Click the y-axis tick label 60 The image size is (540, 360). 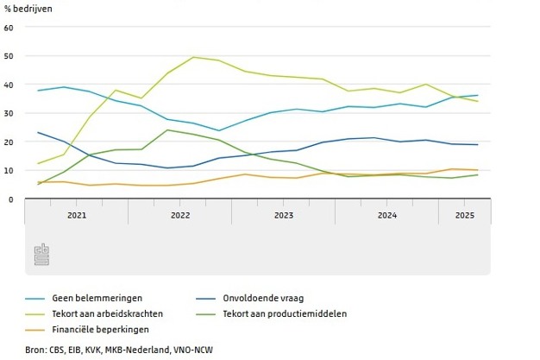[9, 28]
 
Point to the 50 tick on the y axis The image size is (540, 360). [9, 56]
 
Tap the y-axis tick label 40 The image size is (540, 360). [9, 85]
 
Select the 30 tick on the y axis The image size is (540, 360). [9, 113]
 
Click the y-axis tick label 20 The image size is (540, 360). [9, 142]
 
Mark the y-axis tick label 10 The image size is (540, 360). [9, 170]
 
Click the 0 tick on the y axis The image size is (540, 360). [10, 199]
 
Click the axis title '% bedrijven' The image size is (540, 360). [28, 9]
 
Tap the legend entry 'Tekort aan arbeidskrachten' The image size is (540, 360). [108, 313]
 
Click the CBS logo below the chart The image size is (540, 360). [41, 255]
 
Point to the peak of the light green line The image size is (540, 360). [192, 57]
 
